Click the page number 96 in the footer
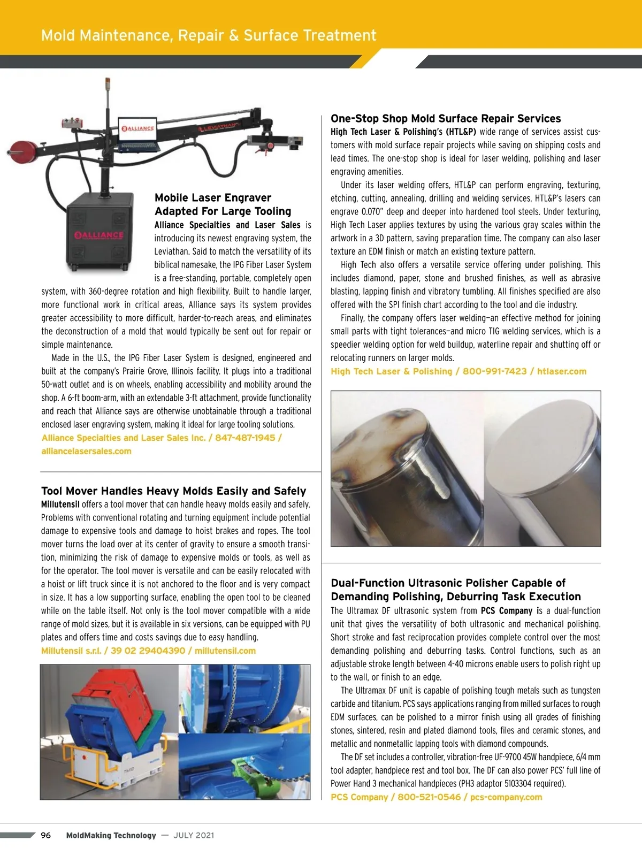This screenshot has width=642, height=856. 46,835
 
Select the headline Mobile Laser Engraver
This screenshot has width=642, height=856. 213,198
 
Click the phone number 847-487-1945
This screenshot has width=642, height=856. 245,438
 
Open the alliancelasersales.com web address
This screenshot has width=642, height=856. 86,451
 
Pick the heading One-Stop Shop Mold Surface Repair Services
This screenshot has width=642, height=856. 446,119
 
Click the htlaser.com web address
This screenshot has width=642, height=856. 562,371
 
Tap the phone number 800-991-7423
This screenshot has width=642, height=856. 494,371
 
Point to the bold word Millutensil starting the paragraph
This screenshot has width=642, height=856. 60,504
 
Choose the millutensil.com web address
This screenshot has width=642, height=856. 225,651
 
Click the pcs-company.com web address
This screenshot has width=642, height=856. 506,797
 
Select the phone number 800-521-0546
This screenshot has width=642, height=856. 429,797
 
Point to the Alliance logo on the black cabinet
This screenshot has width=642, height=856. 99,235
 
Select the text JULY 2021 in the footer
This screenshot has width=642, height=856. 194,835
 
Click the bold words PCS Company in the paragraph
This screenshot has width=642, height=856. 506,611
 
